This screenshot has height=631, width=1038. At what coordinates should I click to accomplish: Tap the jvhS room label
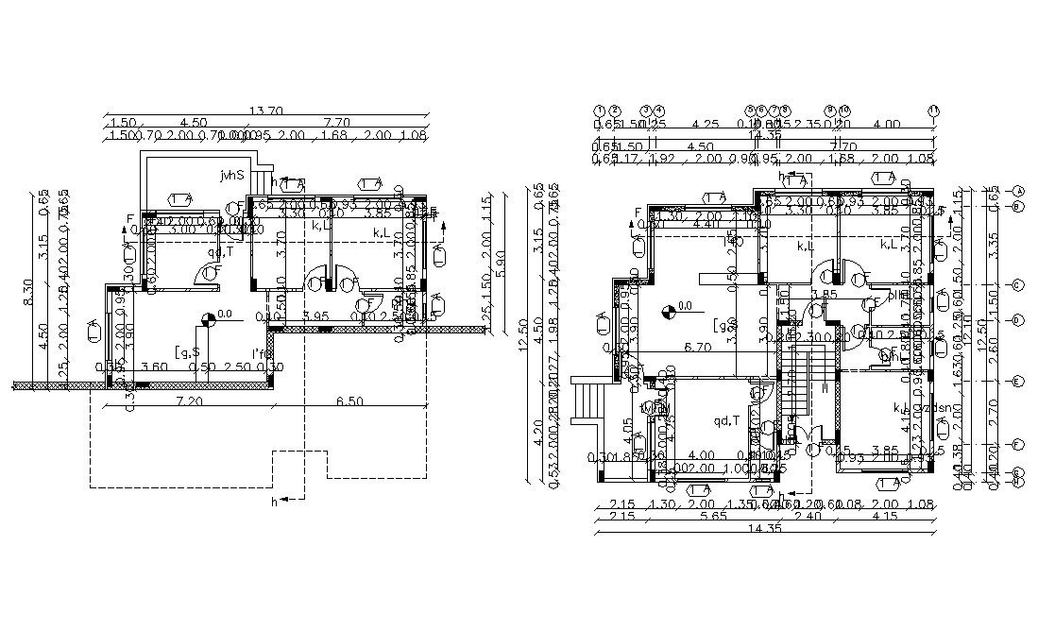(231, 175)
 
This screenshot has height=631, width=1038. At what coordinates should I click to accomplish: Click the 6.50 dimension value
(349, 402)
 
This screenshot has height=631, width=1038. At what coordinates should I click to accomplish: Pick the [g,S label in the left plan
(186, 352)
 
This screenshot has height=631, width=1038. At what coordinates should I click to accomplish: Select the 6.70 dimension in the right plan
(697, 347)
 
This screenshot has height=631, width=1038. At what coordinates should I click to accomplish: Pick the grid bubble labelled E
(1017, 382)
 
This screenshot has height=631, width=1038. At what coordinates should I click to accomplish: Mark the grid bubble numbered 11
(934, 111)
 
